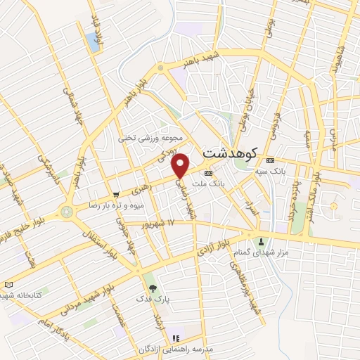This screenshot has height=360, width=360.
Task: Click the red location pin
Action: [181, 165]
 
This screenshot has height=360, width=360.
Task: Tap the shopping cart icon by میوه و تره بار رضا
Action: [117, 194]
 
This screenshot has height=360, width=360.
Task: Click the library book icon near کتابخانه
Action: [8, 284]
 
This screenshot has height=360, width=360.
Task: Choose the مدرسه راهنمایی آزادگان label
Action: [204, 349]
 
